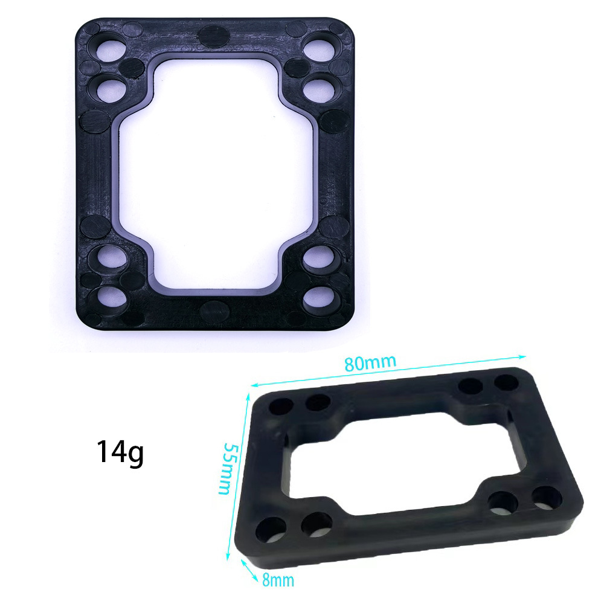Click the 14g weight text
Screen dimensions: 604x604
coord(120,452)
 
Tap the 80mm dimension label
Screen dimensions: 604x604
coord(370,364)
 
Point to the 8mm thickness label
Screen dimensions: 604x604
coord(278,580)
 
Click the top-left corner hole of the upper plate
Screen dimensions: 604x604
coord(110,48)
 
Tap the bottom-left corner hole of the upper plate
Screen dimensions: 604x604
coord(111,298)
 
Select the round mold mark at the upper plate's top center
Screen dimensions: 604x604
coord(214,36)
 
